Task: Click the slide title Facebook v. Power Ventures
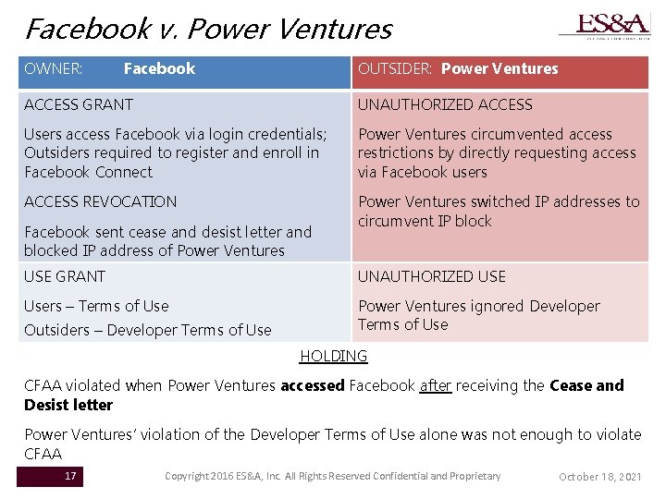[x=208, y=29]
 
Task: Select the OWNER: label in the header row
[x=54, y=68]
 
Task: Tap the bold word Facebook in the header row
[x=159, y=68]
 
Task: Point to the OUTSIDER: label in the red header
[x=397, y=68]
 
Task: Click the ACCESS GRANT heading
[x=79, y=104]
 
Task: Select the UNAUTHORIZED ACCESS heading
[x=445, y=104]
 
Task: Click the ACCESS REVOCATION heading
[x=100, y=201]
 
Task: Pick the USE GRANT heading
[x=65, y=276]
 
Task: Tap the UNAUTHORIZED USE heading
[x=431, y=276]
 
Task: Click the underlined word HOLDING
[x=334, y=356]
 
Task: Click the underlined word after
[x=435, y=385]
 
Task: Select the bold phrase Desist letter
[x=68, y=405]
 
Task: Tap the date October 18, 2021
[x=599, y=477]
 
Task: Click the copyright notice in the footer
[x=332, y=476]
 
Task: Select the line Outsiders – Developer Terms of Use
[x=148, y=330]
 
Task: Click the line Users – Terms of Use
[x=96, y=306]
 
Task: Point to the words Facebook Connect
[x=89, y=172]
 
